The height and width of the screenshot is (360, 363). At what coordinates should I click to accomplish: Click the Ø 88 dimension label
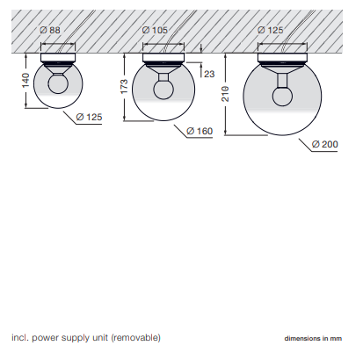[50, 30]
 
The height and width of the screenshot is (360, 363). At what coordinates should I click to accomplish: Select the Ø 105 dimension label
[155, 30]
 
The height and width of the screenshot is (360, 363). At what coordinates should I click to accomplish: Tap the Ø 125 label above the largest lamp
[270, 30]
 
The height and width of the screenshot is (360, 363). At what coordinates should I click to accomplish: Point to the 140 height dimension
[25, 80]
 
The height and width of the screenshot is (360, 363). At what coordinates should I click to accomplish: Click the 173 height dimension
[124, 86]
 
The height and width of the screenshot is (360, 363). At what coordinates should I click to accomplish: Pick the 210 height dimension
[225, 94]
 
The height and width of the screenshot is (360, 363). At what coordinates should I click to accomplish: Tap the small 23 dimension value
[209, 74]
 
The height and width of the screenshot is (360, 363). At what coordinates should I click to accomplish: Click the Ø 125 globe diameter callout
[89, 117]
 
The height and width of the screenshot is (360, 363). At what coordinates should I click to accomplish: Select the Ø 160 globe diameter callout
[200, 131]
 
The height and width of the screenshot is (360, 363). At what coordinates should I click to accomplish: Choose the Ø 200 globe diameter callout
[325, 144]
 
